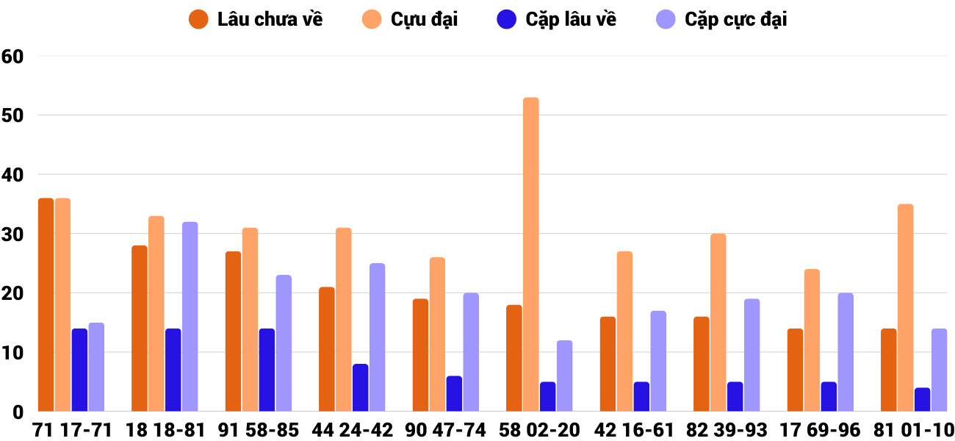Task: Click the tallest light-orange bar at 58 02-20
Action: [530, 254]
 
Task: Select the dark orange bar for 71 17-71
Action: [46, 305]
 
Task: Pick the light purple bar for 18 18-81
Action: [190, 317]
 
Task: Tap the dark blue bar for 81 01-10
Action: [922, 400]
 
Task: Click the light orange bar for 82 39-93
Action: [718, 323]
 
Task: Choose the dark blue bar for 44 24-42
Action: [360, 388]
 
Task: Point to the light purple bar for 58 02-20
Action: [564, 376]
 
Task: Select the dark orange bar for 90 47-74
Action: [420, 355]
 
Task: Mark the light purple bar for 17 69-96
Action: [846, 353]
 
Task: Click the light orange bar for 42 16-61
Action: [624, 331]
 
